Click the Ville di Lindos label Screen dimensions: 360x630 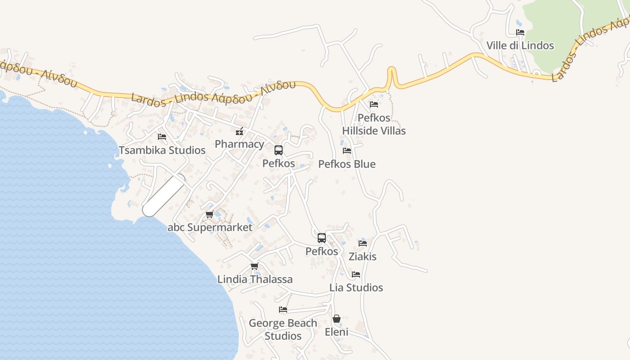coord(520,45)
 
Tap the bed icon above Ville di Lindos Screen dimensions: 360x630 coord(520,32)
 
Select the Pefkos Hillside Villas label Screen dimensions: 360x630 coord(374,125)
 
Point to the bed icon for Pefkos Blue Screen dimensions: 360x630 coord(347,151)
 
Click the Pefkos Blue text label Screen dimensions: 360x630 coord(347,164)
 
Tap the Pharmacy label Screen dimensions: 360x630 coord(239,144)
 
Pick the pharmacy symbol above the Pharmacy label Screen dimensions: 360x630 coord(239,131)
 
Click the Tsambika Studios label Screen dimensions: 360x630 coord(162,150)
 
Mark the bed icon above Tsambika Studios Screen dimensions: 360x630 coord(162,137)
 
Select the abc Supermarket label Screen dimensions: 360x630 coord(210,227)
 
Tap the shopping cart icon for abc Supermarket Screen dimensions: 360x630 coord(209,215)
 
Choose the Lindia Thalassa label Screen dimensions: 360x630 coord(255,279)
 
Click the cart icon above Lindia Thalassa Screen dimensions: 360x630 coord(255,266)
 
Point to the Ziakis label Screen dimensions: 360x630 coord(363,256)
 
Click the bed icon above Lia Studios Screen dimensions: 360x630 coord(356,274)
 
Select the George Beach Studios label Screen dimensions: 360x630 coord(283,329)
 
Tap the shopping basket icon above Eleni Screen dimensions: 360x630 coord(337,319)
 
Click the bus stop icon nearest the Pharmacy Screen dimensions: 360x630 coord(279,150)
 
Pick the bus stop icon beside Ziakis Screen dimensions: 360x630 coord(322,238)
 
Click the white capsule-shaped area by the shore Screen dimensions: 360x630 coord(164,196)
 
